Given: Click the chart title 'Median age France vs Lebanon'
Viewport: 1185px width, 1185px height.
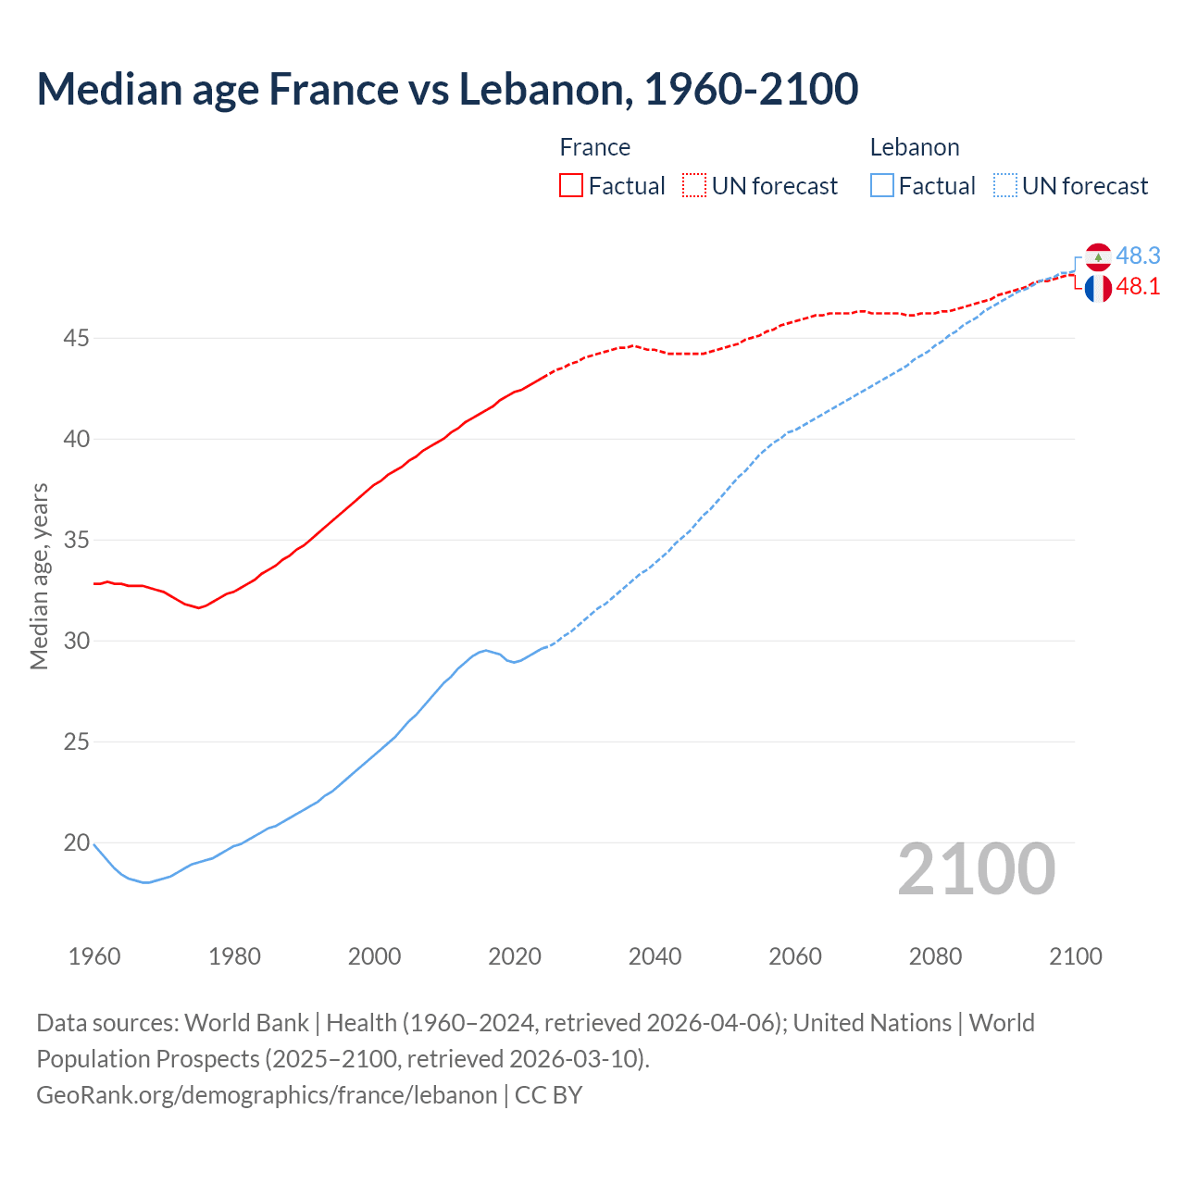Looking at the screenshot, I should point(447,89).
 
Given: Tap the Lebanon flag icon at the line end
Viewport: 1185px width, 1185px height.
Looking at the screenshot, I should point(1098,256).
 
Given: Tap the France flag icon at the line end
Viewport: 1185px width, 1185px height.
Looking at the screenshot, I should point(1098,288).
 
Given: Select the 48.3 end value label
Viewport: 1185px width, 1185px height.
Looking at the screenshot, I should point(1138,256).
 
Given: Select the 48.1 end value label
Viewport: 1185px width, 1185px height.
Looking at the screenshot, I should point(1138,287).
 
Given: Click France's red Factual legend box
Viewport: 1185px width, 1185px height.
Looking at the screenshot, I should point(571,185).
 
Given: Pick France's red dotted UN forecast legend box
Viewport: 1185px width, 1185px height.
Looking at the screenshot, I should point(694,185).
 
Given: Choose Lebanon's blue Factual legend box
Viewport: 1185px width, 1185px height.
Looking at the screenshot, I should point(882,185).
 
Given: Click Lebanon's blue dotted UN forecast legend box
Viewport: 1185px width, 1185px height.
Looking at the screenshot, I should point(1005,185).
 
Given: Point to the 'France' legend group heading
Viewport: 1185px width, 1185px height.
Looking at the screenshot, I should point(595,147).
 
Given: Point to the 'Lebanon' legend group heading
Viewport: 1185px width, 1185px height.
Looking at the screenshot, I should point(915,147).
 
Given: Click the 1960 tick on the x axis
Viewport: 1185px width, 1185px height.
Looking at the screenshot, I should point(94,956).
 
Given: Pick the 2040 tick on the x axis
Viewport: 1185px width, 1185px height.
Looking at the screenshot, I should point(655,956).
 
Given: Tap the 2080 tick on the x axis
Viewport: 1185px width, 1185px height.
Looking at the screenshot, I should point(935,956).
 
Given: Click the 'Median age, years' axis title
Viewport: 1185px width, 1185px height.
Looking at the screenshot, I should point(39,576).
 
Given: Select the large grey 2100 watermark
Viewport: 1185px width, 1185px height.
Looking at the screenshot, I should point(977,868).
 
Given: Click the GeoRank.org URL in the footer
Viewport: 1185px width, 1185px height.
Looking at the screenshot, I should point(267,1095).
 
